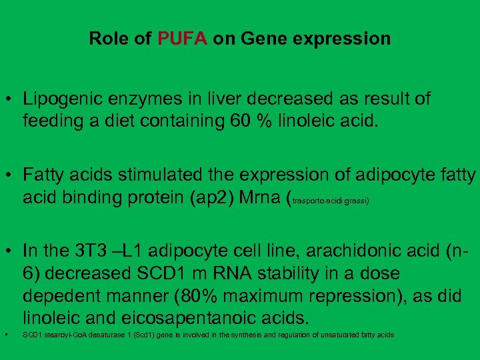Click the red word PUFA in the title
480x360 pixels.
point(183,39)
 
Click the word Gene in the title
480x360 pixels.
point(262,39)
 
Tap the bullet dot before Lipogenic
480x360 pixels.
point(9,100)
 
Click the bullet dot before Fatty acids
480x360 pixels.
point(9,176)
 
